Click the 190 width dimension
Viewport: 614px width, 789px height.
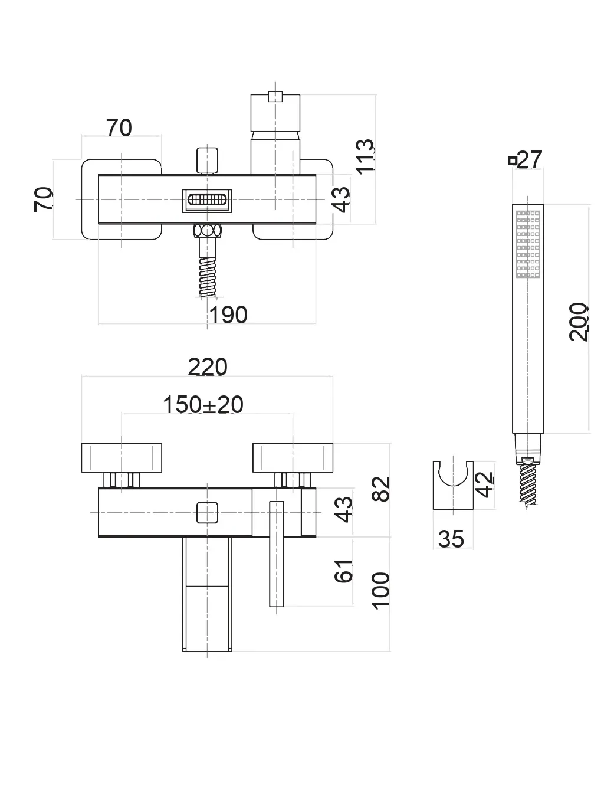click(x=229, y=315)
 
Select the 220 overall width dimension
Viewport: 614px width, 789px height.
click(x=208, y=367)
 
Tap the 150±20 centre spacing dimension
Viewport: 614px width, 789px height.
click(x=203, y=405)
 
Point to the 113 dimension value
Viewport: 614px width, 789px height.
click(x=365, y=155)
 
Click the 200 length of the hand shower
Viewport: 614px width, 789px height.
click(x=579, y=322)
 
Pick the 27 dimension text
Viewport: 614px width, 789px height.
click(x=530, y=159)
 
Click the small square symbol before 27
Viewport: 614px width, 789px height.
click(x=513, y=160)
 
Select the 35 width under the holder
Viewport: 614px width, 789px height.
click(x=451, y=539)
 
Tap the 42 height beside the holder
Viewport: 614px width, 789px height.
click(x=484, y=484)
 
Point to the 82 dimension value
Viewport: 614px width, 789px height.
click(x=382, y=489)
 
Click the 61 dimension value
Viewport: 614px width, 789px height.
click(x=344, y=571)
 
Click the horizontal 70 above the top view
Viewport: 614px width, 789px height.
click(x=119, y=127)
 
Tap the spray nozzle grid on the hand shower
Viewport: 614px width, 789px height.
click(x=528, y=243)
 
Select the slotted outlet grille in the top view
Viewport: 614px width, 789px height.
click(x=206, y=200)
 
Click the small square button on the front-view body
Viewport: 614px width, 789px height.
click(x=207, y=512)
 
